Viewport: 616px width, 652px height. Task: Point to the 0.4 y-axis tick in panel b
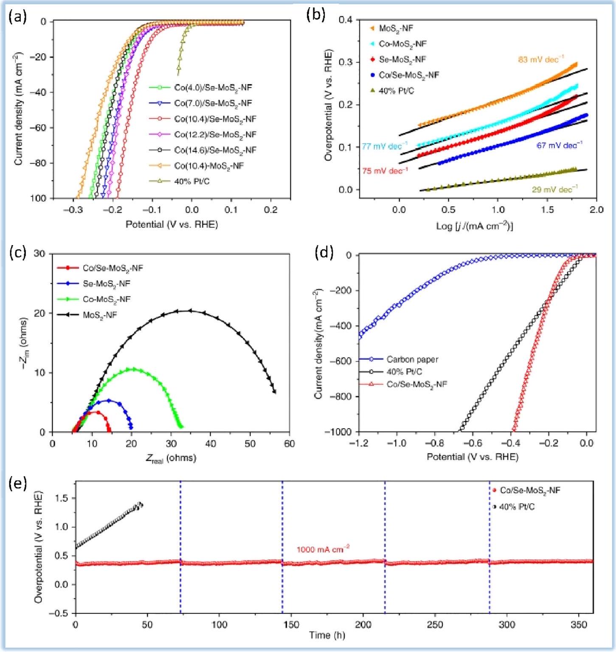click(346, 20)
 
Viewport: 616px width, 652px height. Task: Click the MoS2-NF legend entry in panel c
click(100, 315)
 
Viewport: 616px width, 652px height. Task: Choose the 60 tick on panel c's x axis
click(290, 444)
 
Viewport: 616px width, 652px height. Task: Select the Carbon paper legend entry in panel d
click(412, 359)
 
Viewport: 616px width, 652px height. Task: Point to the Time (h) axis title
click(327, 635)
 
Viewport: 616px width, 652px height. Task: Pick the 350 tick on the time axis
click(579, 625)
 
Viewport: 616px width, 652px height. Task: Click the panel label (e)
click(17, 484)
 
